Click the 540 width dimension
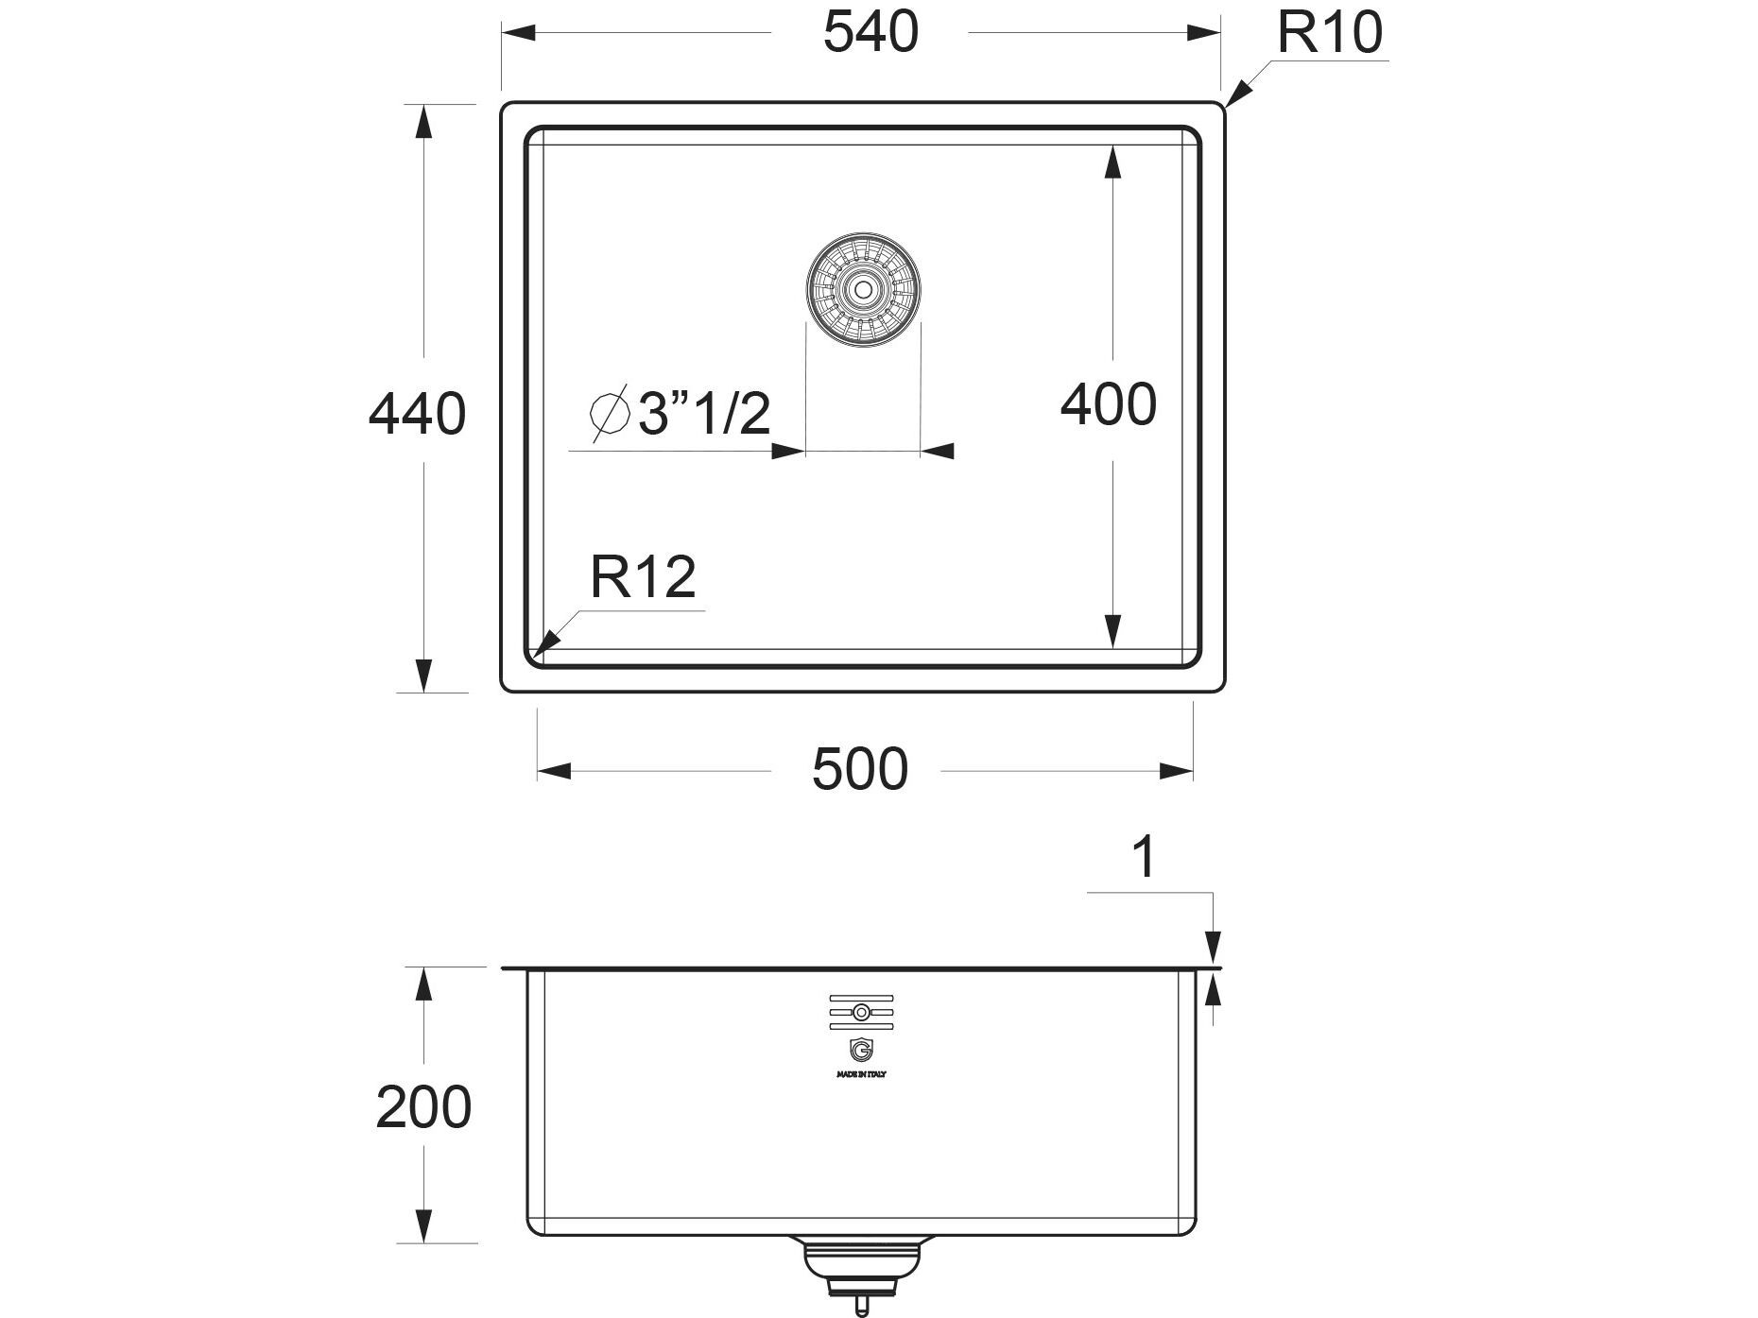click(x=870, y=32)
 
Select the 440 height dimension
click(x=417, y=414)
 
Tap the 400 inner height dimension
click(x=1108, y=405)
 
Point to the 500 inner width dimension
click(x=859, y=769)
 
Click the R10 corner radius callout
click(x=1329, y=32)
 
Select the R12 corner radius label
click(x=643, y=577)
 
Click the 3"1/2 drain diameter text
click(x=704, y=414)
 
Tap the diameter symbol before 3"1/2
click(x=610, y=413)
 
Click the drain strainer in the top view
click(x=863, y=289)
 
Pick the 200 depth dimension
click(x=422, y=1107)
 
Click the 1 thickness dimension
click(x=1144, y=858)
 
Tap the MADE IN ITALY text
click(x=860, y=1074)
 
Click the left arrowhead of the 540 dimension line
click(x=519, y=33)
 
